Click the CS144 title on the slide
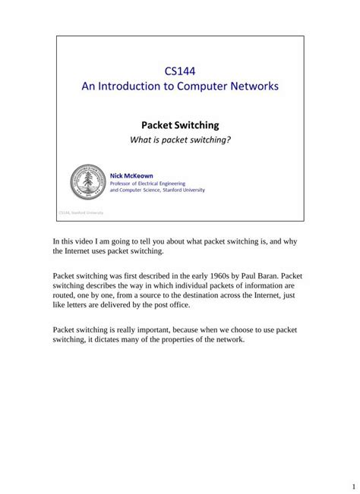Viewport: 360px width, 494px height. [x=180, y=71]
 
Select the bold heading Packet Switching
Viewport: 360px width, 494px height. [x=180, y=124]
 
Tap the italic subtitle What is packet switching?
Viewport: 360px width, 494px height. [x=180, y=140]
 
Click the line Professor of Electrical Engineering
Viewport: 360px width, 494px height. [x=156, y=183]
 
